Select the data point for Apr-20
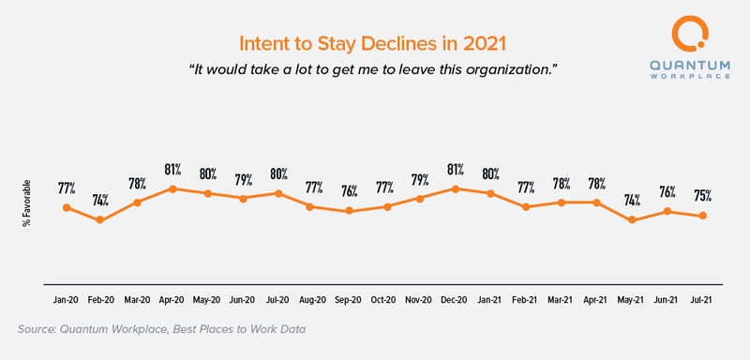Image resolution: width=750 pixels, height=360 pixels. coord(172,188)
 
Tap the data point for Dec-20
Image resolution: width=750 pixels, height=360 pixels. coord(456,188)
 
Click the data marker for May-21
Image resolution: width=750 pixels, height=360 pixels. coord(633,220)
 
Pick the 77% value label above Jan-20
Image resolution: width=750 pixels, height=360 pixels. coord(66,187)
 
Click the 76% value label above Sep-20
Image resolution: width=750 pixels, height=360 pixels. coord(350,192)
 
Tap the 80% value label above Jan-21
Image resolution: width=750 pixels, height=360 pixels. coord(491,173)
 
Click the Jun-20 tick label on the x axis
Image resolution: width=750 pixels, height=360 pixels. coord(243,300)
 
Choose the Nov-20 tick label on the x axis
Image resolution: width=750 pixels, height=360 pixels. coord(420,300)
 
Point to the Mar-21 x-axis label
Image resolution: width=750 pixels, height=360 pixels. coord(562,300)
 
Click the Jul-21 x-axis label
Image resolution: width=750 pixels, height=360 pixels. coord(703,300)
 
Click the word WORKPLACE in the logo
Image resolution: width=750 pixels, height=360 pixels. coord(697,76)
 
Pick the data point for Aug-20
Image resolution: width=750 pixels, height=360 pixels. coord(314,206)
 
